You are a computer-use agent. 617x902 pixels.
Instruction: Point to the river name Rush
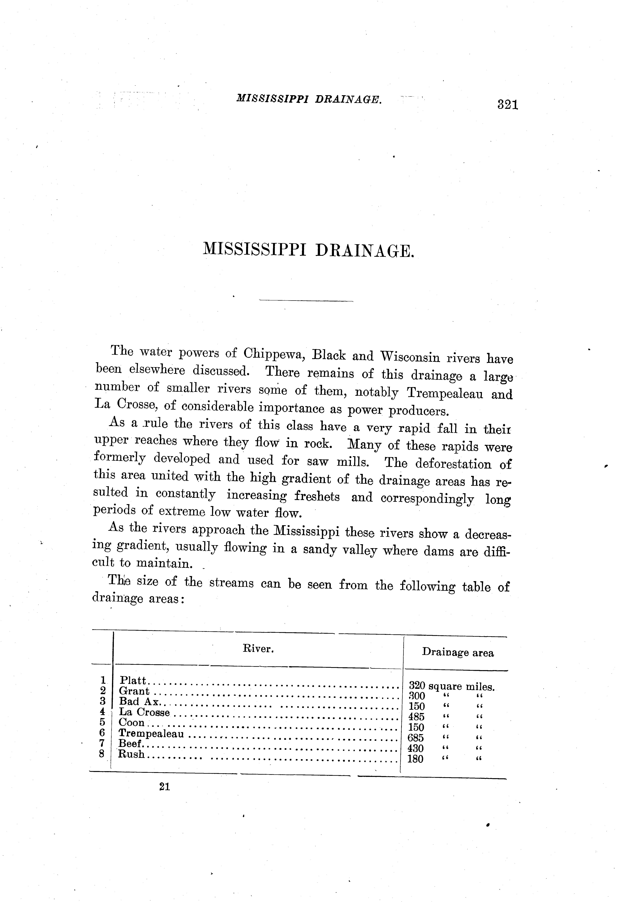pos(131,754)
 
